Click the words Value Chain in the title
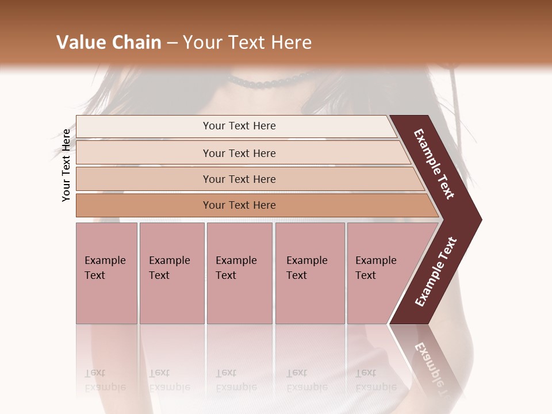tap(109, 42)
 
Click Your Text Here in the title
tap(247, 42)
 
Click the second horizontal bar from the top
tap(239, 153)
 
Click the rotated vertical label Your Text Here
tap(66, 165)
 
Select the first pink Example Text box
tap(106, 273)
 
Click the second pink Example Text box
tap(172, 273)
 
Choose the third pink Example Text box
tap(239, 273)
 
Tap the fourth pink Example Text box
tap(310, 273)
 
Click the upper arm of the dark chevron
tap(435, 164)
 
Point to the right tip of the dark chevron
tap(478, 219)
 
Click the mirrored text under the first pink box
tap(105, 380)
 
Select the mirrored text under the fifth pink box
tap(375, 380)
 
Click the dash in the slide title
tap(172, 43)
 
